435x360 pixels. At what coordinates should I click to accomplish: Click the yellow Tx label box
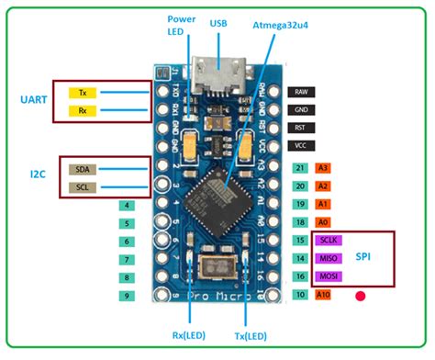pos(84,93)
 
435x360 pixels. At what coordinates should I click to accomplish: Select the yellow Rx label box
pos(84,111)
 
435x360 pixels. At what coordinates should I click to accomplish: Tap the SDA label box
pos(84,169)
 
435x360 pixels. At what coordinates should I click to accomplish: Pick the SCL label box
pos(84,188)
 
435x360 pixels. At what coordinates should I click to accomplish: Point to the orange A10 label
pos(324,295)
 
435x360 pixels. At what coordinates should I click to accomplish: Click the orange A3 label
pos(323,168)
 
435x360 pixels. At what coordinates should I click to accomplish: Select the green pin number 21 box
pos(299,168)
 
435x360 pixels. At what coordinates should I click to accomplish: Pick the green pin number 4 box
pos(129,206)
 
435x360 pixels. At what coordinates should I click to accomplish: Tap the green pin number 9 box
pos(129,296)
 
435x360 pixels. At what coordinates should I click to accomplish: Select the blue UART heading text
pos(33,99)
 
